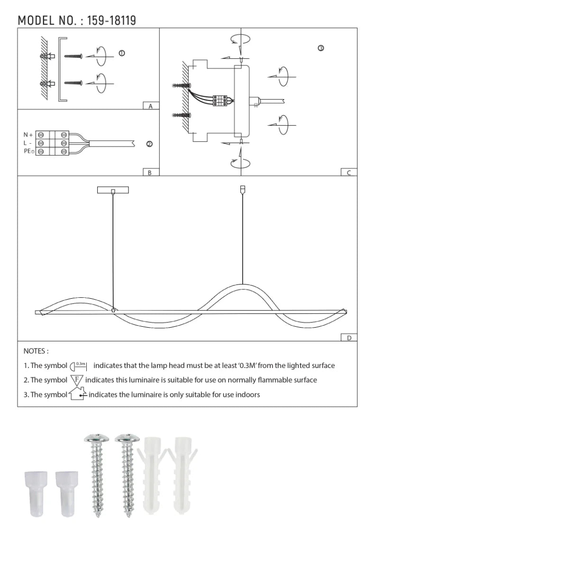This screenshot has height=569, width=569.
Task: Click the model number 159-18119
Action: click(111, 20)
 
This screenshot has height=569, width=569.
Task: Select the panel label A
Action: click(151, 106)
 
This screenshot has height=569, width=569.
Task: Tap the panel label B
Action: click(150, 173)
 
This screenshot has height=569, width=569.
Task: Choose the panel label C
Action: click(349, 173)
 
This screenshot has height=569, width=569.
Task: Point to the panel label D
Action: click(349, 338)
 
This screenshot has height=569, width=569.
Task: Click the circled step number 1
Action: click(122, 53)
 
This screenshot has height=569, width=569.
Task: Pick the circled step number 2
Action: click(149, 144)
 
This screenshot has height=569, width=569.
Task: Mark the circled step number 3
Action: click(321, 48)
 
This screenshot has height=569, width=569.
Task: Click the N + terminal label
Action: click(28, 135)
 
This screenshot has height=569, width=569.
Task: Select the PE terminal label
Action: click(29, 151)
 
